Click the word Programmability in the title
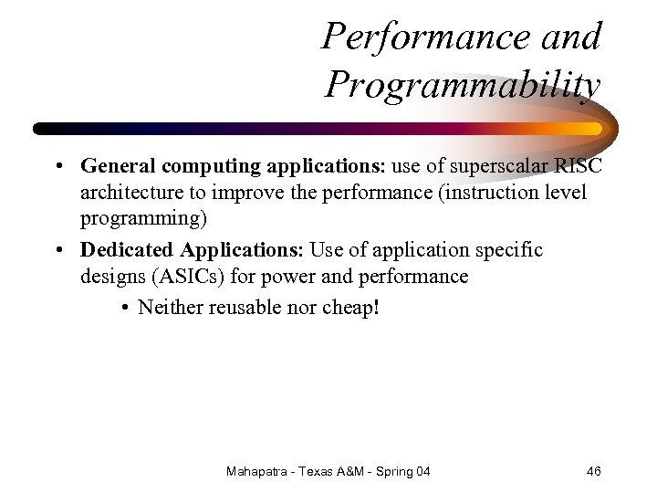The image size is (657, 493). (x=463, y=86)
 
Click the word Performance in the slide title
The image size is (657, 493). (x=418, y=37)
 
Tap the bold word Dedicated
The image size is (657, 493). (x=127, y=250)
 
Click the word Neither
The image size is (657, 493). (x=171, y=308)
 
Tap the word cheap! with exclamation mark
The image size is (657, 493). (x=350, y=308)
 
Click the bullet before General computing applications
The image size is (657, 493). (x=57, y=167)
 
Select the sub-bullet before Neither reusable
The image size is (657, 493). (x=124, y=309)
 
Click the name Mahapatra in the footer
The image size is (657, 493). (x=259, y=471)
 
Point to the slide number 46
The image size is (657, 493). (x=593, y=471)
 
